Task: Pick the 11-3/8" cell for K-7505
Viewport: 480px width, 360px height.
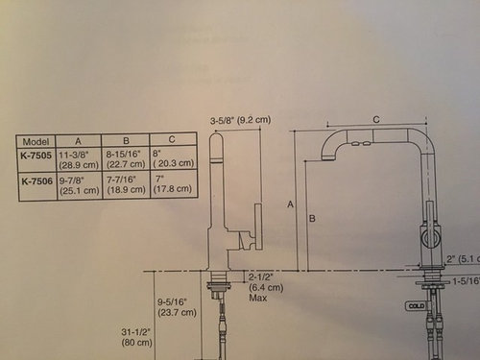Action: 79,157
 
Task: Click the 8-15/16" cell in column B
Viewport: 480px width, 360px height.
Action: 127,157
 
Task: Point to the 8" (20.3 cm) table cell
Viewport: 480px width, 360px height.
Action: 174,157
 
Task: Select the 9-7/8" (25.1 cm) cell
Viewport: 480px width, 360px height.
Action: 79,182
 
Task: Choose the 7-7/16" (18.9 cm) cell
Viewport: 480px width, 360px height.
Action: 127,182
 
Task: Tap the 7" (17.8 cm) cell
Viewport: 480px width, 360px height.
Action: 174,182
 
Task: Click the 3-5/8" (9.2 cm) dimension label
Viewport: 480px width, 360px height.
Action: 241,120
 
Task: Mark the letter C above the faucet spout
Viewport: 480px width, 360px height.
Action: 375,118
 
